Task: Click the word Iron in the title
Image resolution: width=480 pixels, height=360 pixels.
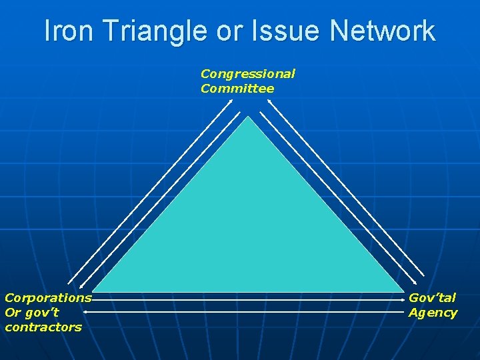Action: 69,31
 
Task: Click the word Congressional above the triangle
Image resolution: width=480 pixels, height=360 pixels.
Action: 247,73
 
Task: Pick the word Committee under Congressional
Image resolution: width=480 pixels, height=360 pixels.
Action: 237,88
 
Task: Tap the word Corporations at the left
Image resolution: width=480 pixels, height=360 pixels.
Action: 47,297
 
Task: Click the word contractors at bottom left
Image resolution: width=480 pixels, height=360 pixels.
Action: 43,327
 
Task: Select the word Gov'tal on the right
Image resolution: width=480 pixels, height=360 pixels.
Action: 432,297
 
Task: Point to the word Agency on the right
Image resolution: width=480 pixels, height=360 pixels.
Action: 433,312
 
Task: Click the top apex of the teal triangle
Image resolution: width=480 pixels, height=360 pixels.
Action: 248,117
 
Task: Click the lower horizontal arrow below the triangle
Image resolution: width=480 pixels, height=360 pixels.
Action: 247,311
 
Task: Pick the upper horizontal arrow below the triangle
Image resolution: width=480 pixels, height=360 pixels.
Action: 247,301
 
